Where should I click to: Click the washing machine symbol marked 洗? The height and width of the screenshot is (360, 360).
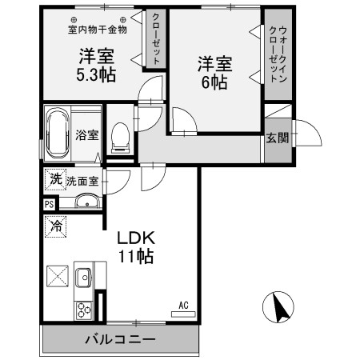point(54,180)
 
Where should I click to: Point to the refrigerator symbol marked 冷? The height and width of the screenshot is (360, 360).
point(55,226)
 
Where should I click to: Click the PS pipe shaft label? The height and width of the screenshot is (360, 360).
point(50,205)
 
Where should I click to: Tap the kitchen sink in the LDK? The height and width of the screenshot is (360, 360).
point(82,278)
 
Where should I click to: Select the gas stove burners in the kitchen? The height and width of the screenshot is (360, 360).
point(82,309)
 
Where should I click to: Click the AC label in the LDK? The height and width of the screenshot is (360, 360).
point(183,304)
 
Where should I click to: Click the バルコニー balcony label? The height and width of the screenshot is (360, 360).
point(120,340)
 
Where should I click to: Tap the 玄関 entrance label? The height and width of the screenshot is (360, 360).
point(277,138)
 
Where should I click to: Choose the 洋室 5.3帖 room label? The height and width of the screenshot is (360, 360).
point(97,66)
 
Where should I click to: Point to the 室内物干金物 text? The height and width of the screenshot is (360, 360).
point(97,30)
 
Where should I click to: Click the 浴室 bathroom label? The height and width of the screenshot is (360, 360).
point(87,134)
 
